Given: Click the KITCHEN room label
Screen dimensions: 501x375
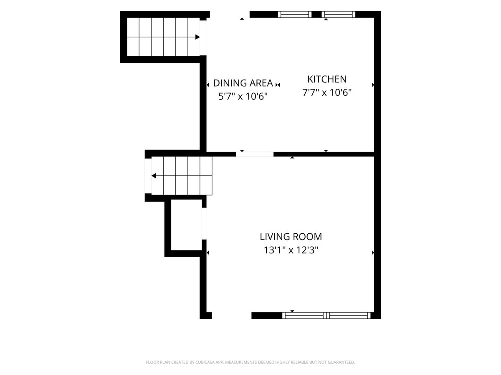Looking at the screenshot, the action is (x=327, y=79).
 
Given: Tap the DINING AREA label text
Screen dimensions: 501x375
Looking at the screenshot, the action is (x=243, y=83).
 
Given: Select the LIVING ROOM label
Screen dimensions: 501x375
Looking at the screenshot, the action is (x=291, y=237).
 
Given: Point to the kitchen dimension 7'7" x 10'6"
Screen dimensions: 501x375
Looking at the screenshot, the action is (x=327, y=92).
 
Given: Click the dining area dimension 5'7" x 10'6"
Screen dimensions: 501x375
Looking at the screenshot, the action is (x=243, y=96).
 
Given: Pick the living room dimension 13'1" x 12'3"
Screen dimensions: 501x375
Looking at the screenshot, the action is (x=291, y=250).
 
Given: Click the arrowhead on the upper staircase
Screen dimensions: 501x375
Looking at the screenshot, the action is (x=197, y=37).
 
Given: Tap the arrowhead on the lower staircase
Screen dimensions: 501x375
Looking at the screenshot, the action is (x=154, y=176).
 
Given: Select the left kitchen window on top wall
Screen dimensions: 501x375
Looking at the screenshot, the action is (x=295, y=14).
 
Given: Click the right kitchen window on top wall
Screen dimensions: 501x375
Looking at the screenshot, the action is (x=339, y=14).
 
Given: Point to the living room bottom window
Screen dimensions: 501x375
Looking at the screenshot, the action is (x=326, y=315).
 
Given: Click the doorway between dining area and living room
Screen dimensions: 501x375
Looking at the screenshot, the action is (x=255, y=154).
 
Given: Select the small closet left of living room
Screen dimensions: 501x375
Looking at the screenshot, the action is (x=186, y=225).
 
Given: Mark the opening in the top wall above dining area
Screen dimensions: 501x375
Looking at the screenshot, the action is (x=230, y=14).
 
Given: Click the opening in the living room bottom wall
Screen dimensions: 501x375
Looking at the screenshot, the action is (x=231, y=315).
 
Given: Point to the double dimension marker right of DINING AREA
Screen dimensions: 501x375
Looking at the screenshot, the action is (x=278, y=85).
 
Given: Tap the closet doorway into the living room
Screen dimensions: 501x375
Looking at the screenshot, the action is (x=204, y=224).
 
